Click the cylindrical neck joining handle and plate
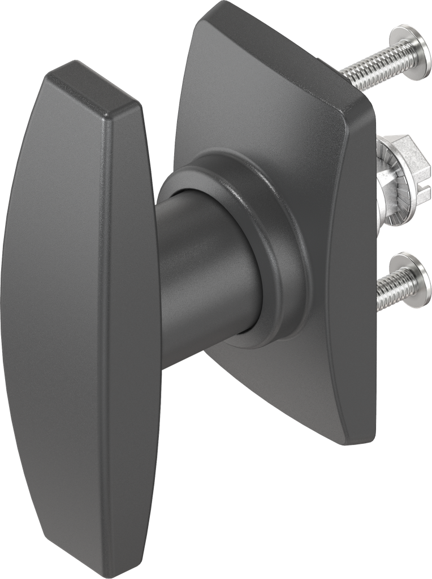198,254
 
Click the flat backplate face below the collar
271,384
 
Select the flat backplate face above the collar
260,96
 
